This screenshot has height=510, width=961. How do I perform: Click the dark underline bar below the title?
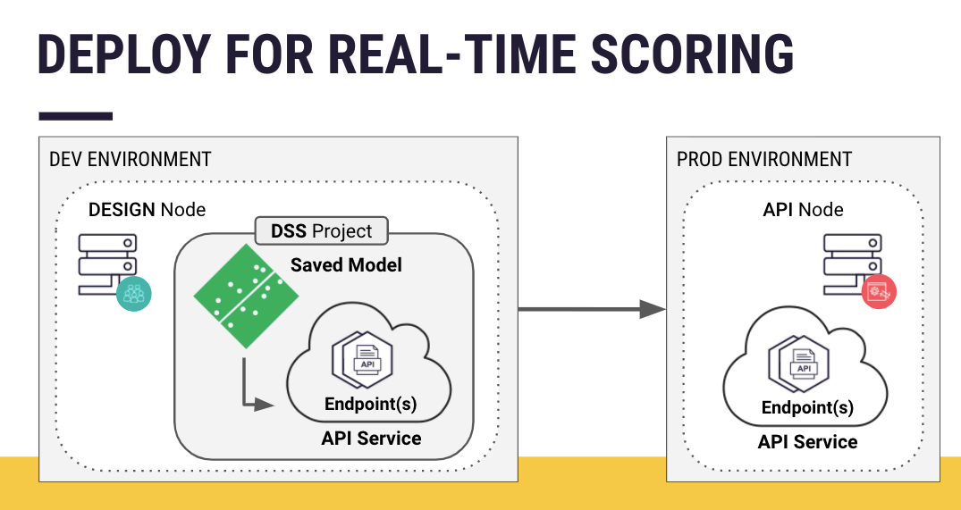click(75, 116)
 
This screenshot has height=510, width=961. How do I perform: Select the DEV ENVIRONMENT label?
click(131, 160)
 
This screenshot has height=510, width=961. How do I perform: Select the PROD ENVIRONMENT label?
click(764, 160)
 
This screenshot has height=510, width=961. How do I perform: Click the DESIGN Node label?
click(147, 210)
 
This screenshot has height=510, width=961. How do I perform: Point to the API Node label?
click(803, 210)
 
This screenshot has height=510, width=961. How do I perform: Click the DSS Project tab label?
click(322, 231)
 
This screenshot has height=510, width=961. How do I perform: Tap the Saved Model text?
click(346, 265)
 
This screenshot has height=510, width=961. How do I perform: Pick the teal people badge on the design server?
click(133, 293)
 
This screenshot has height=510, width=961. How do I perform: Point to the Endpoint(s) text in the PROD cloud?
click(807, 408)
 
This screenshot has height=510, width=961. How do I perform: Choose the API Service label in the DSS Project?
click(371, 439)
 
